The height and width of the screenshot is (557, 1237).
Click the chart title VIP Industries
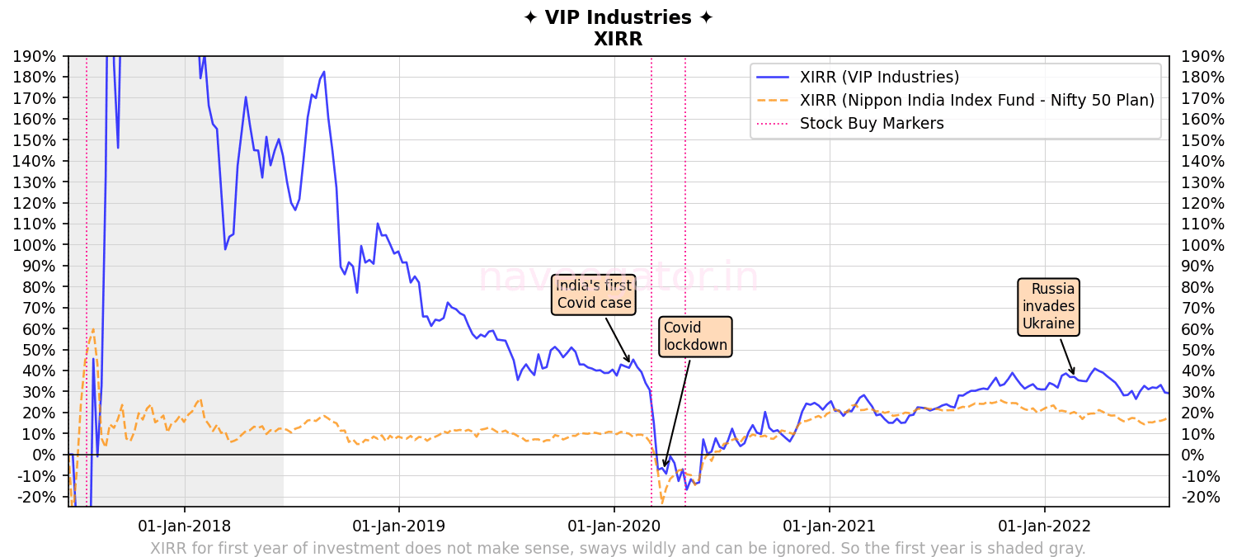click(x=618, y=18)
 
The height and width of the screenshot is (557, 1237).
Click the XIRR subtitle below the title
click(x=618, y=39)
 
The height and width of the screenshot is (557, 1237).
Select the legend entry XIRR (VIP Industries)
click(x=879, y=78)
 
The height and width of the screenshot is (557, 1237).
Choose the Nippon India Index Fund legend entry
click(x=976, y=101)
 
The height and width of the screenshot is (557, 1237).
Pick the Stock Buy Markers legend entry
click(x=872, y=124)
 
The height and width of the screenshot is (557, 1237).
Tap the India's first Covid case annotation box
click(x=594, y=295)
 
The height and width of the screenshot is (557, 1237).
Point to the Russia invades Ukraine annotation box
click(x=1048, y=306)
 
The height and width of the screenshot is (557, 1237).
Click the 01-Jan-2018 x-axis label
click(x=184, y=526)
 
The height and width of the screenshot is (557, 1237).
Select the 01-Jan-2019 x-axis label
click(x=399, y=526)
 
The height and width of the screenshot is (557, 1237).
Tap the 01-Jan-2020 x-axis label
click(x=614, y=526)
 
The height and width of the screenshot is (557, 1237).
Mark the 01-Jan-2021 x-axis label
click(x=830, y=526)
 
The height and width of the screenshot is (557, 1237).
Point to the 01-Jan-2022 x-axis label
click(x=1045, y=526)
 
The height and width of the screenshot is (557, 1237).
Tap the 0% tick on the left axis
click(x=46, y=455)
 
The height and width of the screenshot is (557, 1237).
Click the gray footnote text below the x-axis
click(x=618, y=548)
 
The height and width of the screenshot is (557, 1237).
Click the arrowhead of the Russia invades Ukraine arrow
click(x=1074, y=374)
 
